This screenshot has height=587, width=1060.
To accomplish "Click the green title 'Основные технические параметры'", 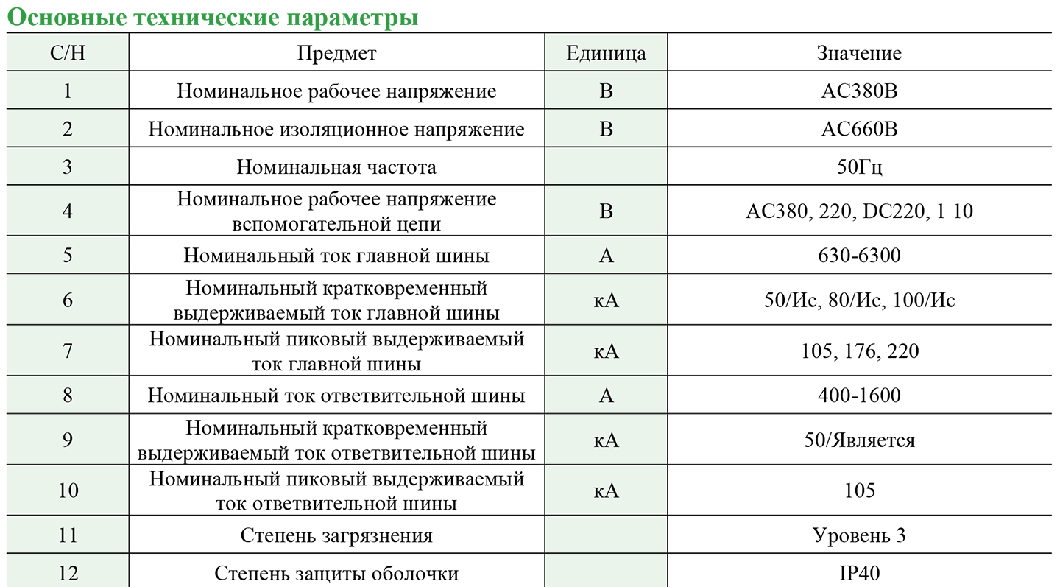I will pyautogui.click(x=212, y=16).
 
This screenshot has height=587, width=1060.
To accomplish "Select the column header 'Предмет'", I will pyautogui.click(x=336, y=53).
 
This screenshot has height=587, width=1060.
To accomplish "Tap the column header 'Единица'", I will pyautogui.click(x=606, y=53).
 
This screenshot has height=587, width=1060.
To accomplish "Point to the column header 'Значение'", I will pyautogui.click(x=858, y=53).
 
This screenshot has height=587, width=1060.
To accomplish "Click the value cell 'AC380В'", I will pyautogui.click(x=859, y=91).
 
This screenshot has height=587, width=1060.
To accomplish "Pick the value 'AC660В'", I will pyautogui.click(x=859, y=130).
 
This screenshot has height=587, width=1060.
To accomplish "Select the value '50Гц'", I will pyautogui.click(x=859, y=167).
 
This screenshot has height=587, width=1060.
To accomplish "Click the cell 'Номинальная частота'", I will pyautogui.click(x=336, y=167).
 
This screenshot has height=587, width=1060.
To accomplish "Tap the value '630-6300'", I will pyautogui.click(x=859, y=256).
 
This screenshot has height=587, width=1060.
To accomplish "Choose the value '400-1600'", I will pyautogui.click(x=859, y=396).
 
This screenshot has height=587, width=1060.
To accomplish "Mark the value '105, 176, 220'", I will pyautogui.click(x=859, y=351).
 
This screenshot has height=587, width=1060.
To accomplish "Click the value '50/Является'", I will pyautogui.click(x=859, y=440).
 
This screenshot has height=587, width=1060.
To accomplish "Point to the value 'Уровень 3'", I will pyautogui.click(x=859, y=535).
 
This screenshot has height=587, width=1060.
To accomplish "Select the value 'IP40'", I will pyautogui.click(x=859, y=573).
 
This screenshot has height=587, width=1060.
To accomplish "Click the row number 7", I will pyautogui.click(x=68, y=351).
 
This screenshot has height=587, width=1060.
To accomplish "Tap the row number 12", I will pyautogui.click(x=68, y=573).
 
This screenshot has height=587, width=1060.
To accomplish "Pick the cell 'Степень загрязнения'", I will pyautogui.click(x=336, y=535).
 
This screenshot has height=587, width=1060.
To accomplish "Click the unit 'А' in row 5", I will pyautogui.click(x=606, y=256).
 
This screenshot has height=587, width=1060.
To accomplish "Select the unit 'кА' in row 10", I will pyautogui.click(x=606, y=491).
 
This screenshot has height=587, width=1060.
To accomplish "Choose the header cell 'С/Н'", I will pyautogui.click(x=68, y=53).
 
